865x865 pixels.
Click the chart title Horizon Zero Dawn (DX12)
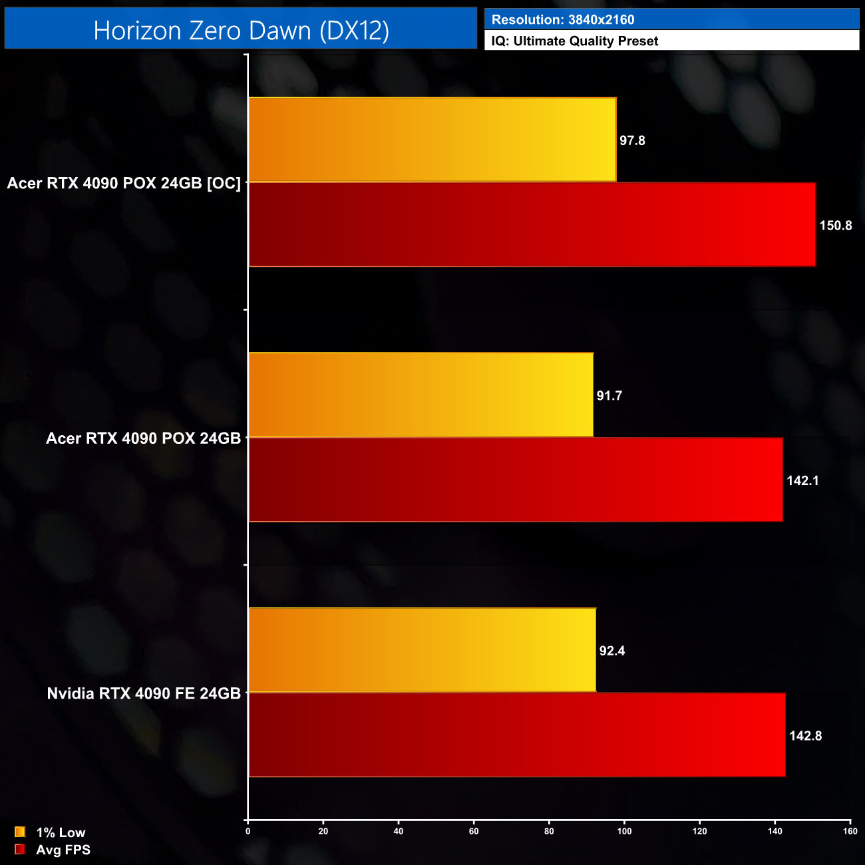pos(241,31)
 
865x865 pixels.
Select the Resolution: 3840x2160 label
pos(563,20)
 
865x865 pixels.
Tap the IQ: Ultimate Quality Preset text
pos(575,41)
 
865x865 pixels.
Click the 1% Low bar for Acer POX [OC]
pos(432,140)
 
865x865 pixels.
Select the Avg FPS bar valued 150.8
pos(532,225)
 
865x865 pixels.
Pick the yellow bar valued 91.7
pos(421,395)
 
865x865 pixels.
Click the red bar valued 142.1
pos(515,480)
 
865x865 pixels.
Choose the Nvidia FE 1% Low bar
pos(422,650)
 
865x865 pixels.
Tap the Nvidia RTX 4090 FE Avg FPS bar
pos(516,735)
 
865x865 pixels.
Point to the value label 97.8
pos(632,140)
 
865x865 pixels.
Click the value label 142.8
pos(805,736)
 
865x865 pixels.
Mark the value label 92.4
pos(611,651)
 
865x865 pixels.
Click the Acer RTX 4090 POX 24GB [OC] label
pos(124,183)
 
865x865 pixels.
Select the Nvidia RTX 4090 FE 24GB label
pos(144,693)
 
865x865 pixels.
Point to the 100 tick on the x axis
pos(624,831)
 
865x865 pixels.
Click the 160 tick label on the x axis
pos(850,831)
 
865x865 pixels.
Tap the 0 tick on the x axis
pos(248,831)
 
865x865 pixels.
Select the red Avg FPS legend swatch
pos(20,850)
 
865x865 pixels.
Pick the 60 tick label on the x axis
pos(474,831)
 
